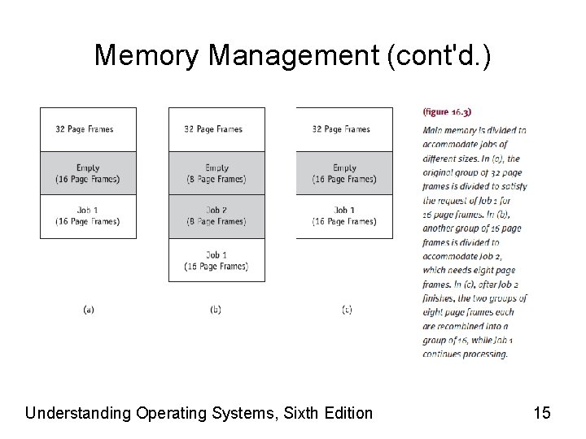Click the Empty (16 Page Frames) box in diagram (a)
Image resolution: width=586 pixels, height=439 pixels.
coord(88,173)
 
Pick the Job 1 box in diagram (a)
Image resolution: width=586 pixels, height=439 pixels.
coord(88,216)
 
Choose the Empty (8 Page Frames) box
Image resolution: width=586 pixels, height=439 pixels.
coord(216,173)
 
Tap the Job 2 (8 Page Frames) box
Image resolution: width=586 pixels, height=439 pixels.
coord(216,216)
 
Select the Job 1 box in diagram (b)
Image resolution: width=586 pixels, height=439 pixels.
coord(216,260)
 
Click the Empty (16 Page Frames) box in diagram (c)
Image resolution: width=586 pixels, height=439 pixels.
coord(344,173)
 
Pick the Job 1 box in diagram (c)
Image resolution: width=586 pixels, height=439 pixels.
coord(344,216)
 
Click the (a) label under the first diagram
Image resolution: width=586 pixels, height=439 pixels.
coord(89,310)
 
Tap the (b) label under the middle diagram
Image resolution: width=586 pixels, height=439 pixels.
coord(216,310)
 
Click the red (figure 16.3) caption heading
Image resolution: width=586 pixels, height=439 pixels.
coord(448,111)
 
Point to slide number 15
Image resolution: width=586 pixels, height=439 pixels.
coord(542,413)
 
